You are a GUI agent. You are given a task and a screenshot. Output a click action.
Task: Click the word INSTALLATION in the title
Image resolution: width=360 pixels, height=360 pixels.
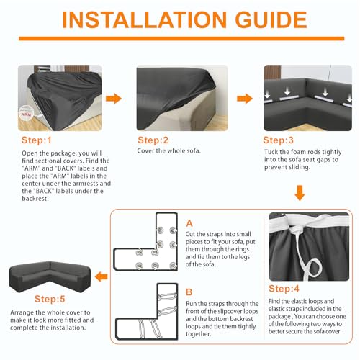point(144,19)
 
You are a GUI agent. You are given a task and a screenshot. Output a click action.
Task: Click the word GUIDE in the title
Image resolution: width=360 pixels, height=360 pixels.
point(271,19)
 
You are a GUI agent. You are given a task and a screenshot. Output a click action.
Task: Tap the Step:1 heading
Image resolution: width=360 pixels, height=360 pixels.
point(37,140)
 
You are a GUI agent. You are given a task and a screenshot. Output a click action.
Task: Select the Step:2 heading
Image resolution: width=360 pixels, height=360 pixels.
point(153,140)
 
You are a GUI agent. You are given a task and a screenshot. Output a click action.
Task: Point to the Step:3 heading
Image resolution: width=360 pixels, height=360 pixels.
point(279,140)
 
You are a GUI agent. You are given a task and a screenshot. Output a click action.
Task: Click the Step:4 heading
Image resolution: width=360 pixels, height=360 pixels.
point(284,289)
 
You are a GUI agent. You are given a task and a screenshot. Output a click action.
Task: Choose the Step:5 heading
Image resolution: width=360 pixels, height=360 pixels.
point(50,299)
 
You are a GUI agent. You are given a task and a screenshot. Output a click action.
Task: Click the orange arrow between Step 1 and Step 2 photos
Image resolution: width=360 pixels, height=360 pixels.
point(114,98)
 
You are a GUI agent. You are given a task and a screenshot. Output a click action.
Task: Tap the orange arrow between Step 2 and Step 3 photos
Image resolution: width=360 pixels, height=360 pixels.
point(245,98)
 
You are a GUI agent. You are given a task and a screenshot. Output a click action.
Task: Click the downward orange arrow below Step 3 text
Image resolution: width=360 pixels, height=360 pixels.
point(300,193)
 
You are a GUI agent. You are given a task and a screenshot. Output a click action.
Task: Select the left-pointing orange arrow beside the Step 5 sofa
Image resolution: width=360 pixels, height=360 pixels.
point(102,277)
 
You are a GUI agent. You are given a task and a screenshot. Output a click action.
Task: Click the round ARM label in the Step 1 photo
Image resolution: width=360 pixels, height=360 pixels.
point(26,112)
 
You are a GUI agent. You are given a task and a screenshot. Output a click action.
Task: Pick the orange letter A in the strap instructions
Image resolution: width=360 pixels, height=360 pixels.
point(189,223)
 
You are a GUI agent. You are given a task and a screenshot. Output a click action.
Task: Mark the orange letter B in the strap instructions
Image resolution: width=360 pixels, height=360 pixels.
point(189,292)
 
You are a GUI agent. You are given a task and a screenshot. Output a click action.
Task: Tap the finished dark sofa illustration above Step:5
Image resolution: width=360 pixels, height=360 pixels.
point(50,276)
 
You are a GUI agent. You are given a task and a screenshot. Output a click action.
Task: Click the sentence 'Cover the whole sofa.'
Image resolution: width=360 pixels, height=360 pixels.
point(168,150)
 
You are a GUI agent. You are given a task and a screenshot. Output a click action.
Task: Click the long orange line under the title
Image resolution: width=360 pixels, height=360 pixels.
point(181,38)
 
